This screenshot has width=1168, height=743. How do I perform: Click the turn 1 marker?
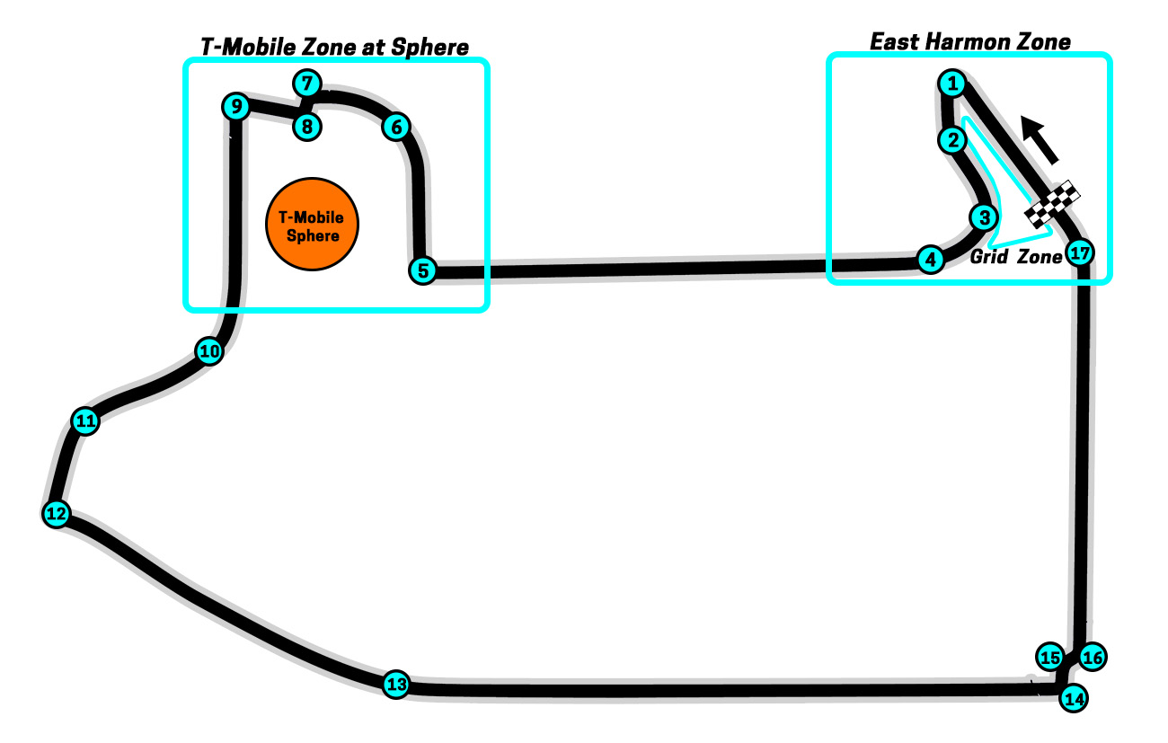[x=951, y=84]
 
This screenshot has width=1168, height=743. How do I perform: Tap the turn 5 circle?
[x=422, y=270]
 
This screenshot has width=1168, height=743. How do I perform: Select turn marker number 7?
[x=306, y=84]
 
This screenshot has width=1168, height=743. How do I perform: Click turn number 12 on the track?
[x=56, y=514]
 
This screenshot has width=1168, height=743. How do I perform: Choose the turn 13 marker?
[x=396, y=685]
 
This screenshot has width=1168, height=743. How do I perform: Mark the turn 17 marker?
[x=1080, y=253]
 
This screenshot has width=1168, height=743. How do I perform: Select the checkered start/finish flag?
[x=1053, y=204]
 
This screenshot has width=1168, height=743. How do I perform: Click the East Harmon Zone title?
[x=970, y=41]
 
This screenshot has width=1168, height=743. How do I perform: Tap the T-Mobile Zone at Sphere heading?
[x=334, y=47]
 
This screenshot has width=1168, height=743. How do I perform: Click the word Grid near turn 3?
[x=989, y=257]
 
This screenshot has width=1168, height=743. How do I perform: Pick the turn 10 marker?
[x=209, y=351]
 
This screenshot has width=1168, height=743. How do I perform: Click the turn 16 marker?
[x=1092, y=658]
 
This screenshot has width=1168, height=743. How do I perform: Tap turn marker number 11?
[x=85, y=420]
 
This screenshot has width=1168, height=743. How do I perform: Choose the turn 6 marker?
[x=395, y=127]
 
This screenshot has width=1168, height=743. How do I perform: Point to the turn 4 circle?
[x=931, y=260]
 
